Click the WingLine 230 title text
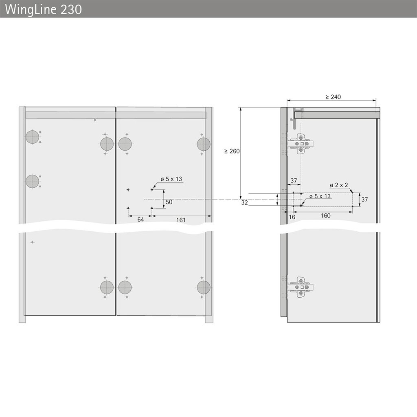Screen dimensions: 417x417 click(x=44, y=9)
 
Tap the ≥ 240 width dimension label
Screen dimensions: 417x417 click(x=333, y=97)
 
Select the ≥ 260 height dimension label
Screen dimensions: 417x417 click(x=232, y=151)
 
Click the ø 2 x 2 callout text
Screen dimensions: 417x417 click(x=339, y=185)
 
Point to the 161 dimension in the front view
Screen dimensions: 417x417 click(x=181, y=220)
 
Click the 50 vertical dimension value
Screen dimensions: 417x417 click(x=169, y=202)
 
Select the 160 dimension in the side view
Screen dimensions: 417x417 click(x=325, y=216)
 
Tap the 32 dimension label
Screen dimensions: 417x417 click(x=244, y=202)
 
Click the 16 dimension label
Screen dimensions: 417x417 click(x=292, y=217)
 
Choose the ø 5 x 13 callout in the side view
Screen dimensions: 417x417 click(x=320, y=196)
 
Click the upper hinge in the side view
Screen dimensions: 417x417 click(x=300, y=144)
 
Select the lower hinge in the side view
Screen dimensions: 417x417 click(x=300, y=287)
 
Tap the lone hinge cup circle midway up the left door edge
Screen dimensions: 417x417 click(x=32, y=181)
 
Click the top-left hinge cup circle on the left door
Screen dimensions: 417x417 click(x=32, y=137)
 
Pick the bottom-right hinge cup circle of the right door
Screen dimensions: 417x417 click(x=203, y=287)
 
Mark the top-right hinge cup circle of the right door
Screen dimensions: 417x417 click(x=203, y=144)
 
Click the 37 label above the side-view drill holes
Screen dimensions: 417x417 click(x=293, y=181)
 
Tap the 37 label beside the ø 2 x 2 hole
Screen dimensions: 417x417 click(x=364, y=200)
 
